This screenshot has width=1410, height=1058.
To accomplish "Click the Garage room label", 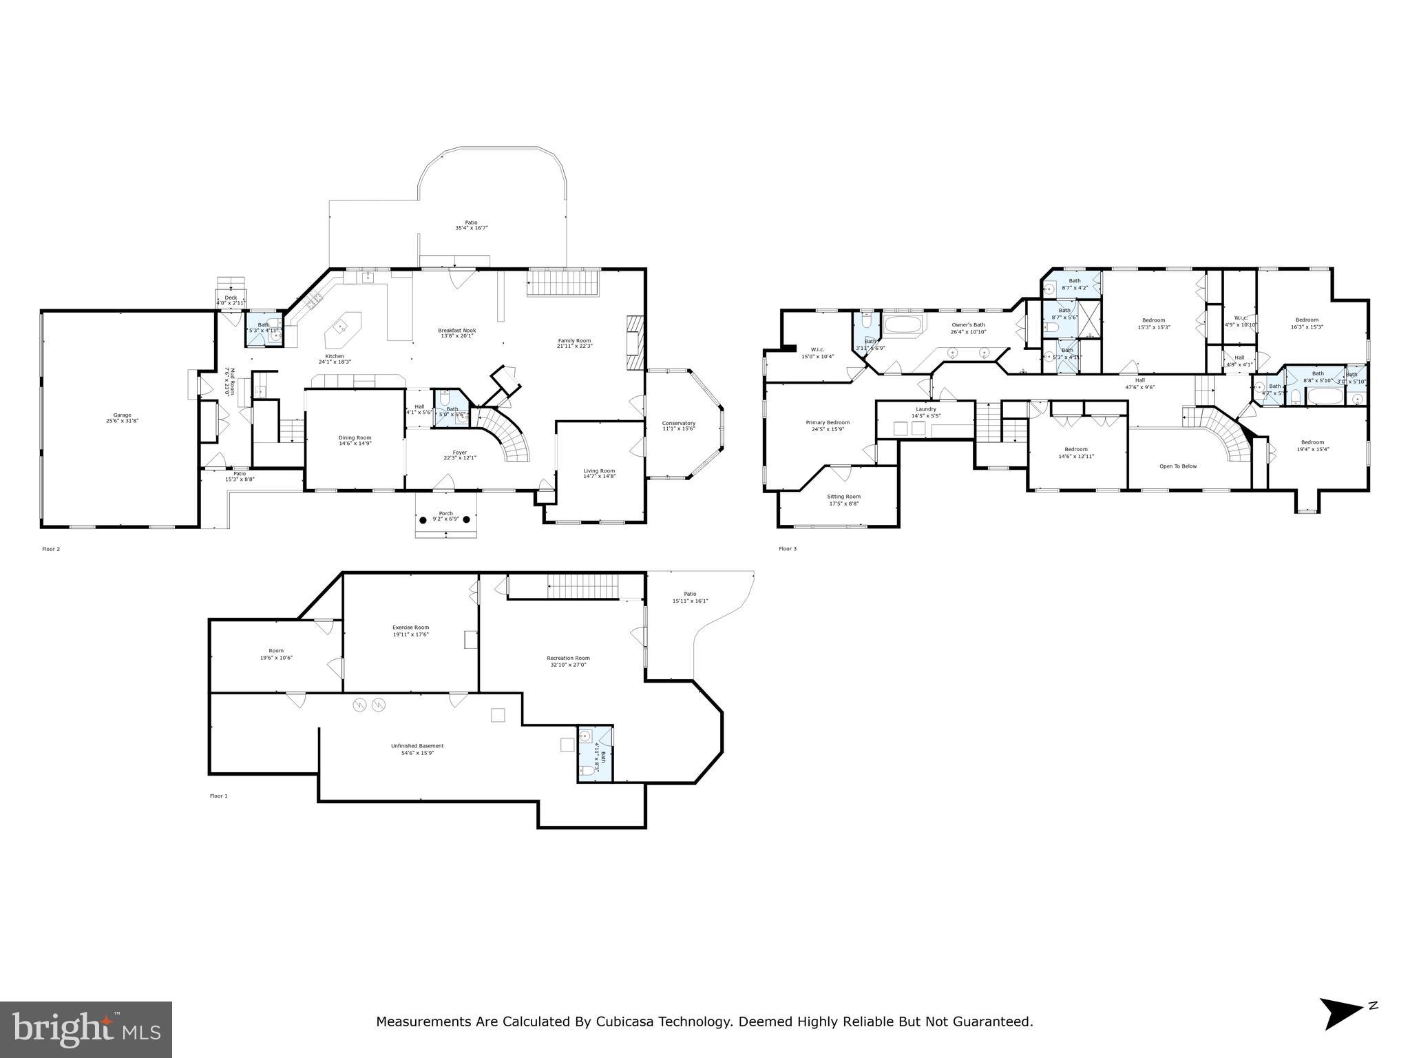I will [x=123, y=415].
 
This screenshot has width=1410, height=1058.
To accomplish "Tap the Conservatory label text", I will [x=678, y=423].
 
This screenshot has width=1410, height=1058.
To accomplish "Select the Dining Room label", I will [x=355, y=437].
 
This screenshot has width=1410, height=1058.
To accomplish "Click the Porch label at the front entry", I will [x=446, y=512].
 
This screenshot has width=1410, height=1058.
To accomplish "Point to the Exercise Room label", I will [x=410, y=627].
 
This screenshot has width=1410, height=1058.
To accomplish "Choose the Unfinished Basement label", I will [x=417, y=746].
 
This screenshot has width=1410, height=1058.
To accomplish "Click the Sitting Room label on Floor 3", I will [x=843, y=496].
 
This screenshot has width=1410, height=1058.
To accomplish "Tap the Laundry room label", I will [x=925, y=409].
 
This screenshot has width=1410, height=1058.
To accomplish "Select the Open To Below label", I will [x=1178, y=466].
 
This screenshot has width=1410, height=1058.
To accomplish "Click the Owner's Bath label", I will [x=968, y=324].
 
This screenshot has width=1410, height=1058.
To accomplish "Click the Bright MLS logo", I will [x=86, y=1029].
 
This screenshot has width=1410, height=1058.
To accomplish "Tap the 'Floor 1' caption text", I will [x=218, y=796].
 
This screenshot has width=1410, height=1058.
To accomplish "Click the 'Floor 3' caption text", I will [x=787, y=549].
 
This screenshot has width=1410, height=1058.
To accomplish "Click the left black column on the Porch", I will [x=423, y=519].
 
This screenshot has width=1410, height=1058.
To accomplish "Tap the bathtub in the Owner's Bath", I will [x=902, y=325].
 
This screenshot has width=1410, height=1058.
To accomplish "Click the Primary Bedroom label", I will [x=828, y=422].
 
